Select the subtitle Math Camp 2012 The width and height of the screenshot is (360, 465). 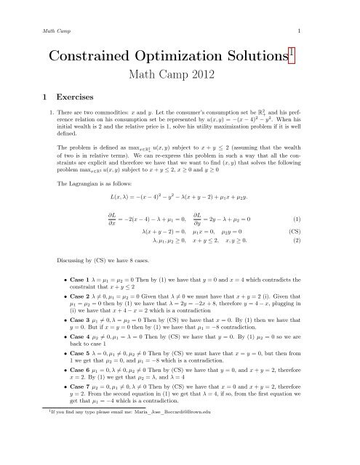click(179, 78)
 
